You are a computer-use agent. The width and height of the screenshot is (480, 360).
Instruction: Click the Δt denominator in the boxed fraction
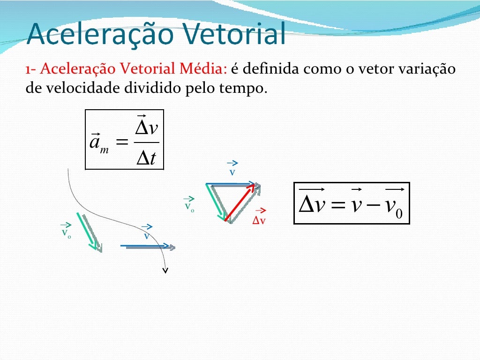pyautogui.click(x=146, y=159)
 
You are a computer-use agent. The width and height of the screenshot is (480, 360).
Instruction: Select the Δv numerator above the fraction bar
pyautogui.click(x=146, y=127)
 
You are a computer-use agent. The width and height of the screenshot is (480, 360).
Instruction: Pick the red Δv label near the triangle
pyautogui.click(x=259, y=218)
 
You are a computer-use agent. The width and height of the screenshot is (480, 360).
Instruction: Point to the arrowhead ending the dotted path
pyautogui.click(x=165, y=270)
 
